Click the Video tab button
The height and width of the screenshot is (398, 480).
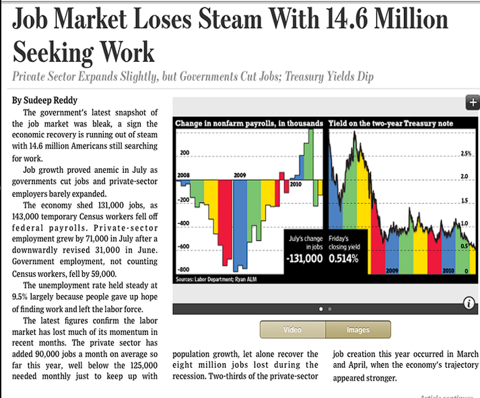point(292,329)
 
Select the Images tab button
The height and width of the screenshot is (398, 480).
point(357,329)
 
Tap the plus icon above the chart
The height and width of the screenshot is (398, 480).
point(472,103)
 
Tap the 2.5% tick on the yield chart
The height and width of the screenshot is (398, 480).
point(466,154)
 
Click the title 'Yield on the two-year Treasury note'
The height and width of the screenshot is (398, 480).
point(390,124)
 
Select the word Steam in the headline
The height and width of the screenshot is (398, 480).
point(229,20)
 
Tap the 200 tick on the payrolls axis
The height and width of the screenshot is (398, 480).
point(184,153)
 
